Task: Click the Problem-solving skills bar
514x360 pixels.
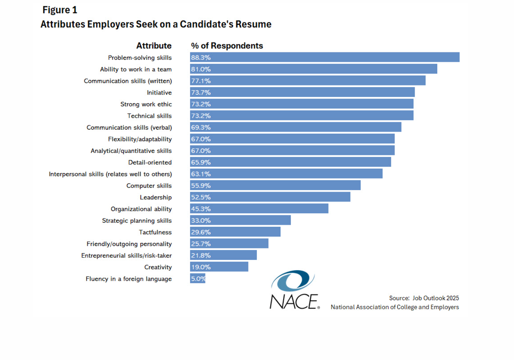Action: coord(324,57)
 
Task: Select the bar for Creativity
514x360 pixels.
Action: coord(219,267)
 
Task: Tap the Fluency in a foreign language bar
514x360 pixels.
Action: coord(198,278)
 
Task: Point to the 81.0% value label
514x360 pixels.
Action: coord(201,69)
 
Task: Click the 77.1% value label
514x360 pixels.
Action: coord(201,81)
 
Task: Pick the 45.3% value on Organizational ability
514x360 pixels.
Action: coord(201,209)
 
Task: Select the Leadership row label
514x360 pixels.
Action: coord(155,197)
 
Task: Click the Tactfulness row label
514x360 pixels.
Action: coord(155,232)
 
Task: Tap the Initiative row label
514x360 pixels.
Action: coord(159,93)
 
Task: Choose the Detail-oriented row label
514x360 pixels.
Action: coord(150,162)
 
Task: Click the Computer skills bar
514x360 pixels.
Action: coord(275,185)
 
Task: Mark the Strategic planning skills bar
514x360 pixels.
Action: coord(240,221)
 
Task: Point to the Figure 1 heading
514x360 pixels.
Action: coord(60,10)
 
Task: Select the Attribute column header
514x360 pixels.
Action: coord(154,46)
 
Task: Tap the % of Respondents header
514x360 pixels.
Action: coord(227,46)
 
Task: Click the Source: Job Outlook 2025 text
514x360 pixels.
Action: coord(424,298)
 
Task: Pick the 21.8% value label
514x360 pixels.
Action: coord(201,256)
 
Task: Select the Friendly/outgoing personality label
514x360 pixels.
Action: coord(129,244)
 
